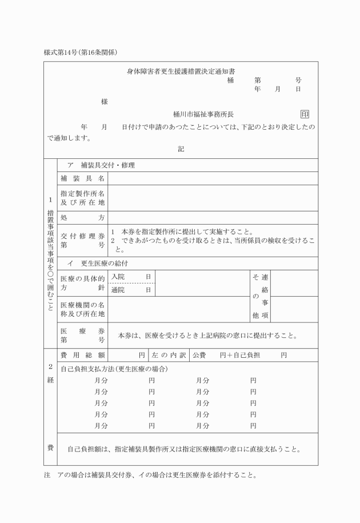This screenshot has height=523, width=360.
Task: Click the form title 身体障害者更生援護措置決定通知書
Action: coord(181,71)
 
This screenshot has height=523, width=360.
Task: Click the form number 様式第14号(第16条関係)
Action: coord(85,53)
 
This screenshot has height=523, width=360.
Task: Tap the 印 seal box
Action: coord(304,114)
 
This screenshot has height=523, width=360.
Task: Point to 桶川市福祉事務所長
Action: coord(203,114)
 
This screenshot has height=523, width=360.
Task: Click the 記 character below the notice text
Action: coord(181,149)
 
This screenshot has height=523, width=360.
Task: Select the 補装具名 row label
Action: coord(82,178)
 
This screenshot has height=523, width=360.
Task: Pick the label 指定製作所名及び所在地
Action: coord(82,198)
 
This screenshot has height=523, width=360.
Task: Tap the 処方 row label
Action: coord(82,218)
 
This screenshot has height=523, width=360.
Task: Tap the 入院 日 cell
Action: coord(131,277)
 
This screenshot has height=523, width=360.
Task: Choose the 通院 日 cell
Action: coord(131,290)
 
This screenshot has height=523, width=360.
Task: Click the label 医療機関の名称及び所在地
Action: coord(82,309)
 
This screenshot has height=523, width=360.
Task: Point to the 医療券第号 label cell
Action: coord(82,336)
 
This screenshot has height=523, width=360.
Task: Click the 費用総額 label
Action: coord(82,355)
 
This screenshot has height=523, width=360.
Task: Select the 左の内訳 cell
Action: coord(169,355)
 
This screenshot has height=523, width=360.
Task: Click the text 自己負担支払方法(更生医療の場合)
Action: coord(114,369)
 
